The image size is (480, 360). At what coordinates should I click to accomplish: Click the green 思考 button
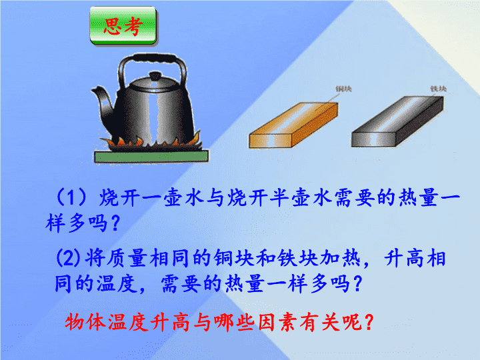click(123, 26)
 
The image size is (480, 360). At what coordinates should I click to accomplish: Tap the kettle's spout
click(103, 101)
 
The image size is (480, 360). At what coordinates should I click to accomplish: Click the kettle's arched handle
click(152, 66)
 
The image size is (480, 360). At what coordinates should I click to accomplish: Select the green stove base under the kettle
click(151, 156)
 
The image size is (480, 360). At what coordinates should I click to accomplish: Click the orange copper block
click(294, 125)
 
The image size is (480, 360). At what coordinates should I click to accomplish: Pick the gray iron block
click(397, 121)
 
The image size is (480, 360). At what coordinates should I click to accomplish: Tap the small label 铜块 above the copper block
click(343, 89)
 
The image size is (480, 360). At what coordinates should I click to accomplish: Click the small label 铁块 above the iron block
click(439, 89)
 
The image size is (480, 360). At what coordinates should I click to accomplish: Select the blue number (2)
click(68, 258)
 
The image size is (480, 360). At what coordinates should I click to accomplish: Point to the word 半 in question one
click(280, 197)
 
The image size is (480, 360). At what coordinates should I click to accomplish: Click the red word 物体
click(85, 322)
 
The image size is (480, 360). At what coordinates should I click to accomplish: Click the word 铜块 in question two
click(234, 258)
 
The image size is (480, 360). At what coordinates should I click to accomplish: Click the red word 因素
click(277, 322)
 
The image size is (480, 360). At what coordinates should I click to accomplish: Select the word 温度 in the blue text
click(117, 283)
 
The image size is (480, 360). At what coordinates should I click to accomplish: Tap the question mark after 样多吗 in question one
click(115, 223)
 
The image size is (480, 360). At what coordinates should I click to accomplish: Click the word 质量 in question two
click(127, 258)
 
